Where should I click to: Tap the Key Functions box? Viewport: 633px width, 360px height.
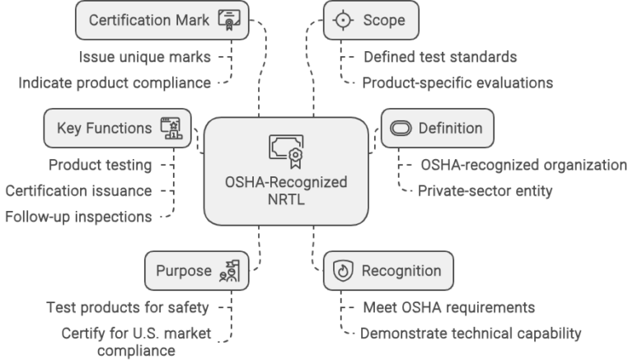(118, 128)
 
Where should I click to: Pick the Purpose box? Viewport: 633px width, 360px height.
(195, 270)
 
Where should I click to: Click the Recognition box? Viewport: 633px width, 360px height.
(387, 270)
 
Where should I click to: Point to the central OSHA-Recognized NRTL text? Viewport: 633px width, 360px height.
(286, 190)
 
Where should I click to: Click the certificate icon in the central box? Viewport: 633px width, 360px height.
(286, 151)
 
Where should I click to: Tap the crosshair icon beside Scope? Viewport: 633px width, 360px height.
(341, 20)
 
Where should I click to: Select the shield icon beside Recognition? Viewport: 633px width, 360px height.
(342, 270)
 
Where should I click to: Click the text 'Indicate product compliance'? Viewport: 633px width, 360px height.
(115, 82)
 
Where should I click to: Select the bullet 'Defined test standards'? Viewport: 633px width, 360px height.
(440, 58)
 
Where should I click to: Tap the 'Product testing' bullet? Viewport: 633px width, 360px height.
(100, 165)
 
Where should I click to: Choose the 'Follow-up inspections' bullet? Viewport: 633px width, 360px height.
(78, 217)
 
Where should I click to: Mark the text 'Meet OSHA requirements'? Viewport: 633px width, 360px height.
(450, 307)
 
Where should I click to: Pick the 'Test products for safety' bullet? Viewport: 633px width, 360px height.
(127, 307)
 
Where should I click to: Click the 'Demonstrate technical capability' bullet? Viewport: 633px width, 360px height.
(472, 334)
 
